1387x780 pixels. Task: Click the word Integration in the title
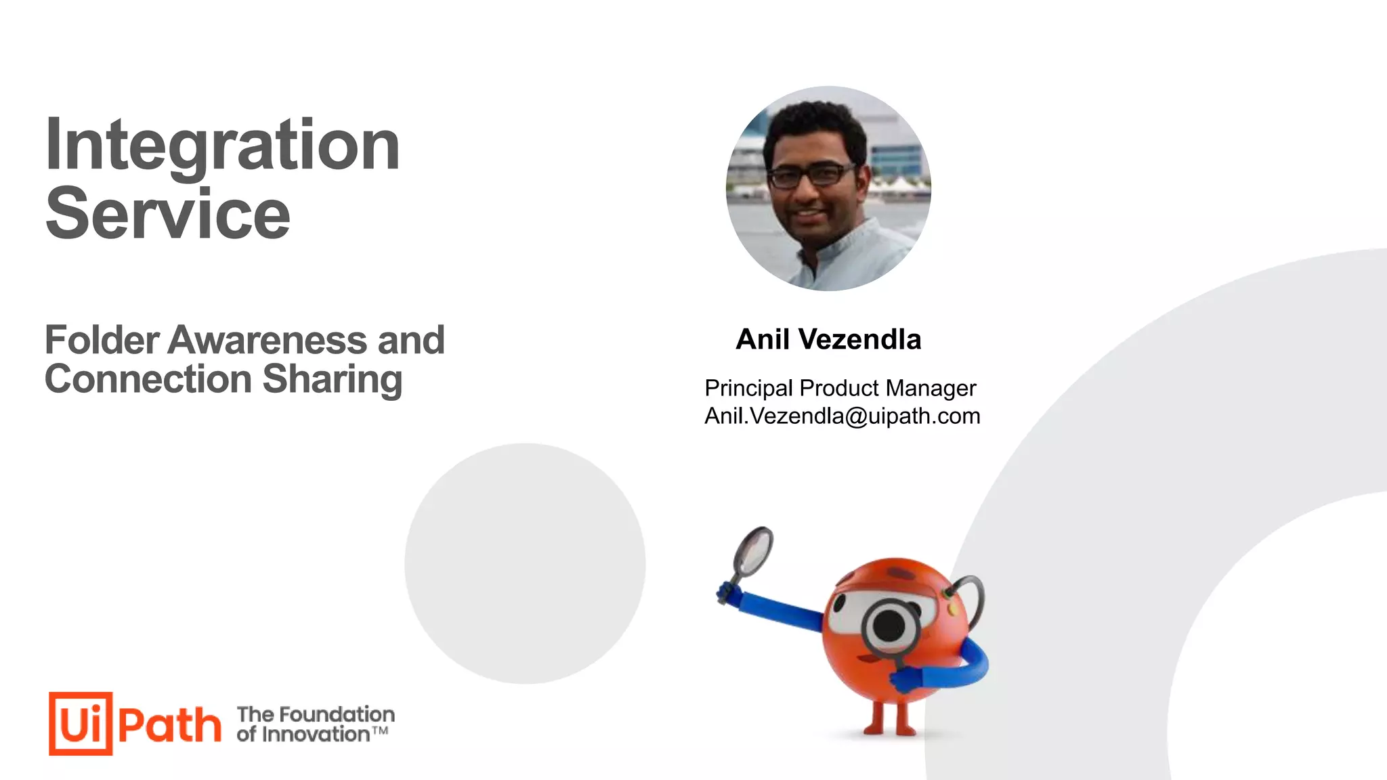[x=222, y=146]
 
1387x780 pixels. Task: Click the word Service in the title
[x=168, y=214]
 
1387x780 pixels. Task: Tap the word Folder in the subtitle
[x=102, y=340]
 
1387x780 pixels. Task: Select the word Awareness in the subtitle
[x=268, y=340]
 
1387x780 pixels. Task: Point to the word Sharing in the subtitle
[x=332, y=379]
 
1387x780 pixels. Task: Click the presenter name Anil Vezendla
[x=828, y=339]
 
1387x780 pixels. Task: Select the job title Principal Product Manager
[x=840, y=388]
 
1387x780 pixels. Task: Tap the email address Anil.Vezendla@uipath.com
[x=842, y=416]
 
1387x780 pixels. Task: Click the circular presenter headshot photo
[x=828, y=189]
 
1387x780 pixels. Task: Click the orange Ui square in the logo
[x=81, y=723]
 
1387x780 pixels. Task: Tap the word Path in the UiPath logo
[x=169, y=725]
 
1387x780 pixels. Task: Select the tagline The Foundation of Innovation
[x=315, y=724]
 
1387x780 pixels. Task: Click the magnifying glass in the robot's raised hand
[x=752, y=552]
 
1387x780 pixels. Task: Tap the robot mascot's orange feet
[x=888, y=729]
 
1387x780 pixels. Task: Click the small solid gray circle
[x=525, y=563]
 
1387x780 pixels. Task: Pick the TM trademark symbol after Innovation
[x=381, y=731]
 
